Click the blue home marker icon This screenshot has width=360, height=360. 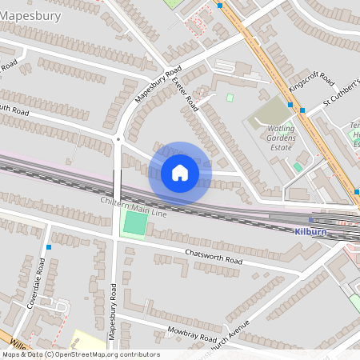point(180,172)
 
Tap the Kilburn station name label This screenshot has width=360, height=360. point(309,230)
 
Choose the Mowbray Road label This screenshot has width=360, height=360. point(193,330)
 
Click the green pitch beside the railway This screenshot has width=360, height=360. point(134,224)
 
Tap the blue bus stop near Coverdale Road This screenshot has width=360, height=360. point(50,247)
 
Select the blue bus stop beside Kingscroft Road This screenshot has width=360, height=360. point(302,110)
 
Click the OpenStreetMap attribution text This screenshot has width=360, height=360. point(80,354)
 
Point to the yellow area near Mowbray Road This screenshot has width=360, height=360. point(89,340)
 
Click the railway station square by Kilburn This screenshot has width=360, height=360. point(311,219)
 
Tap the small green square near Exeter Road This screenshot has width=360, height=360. point(230,98)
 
